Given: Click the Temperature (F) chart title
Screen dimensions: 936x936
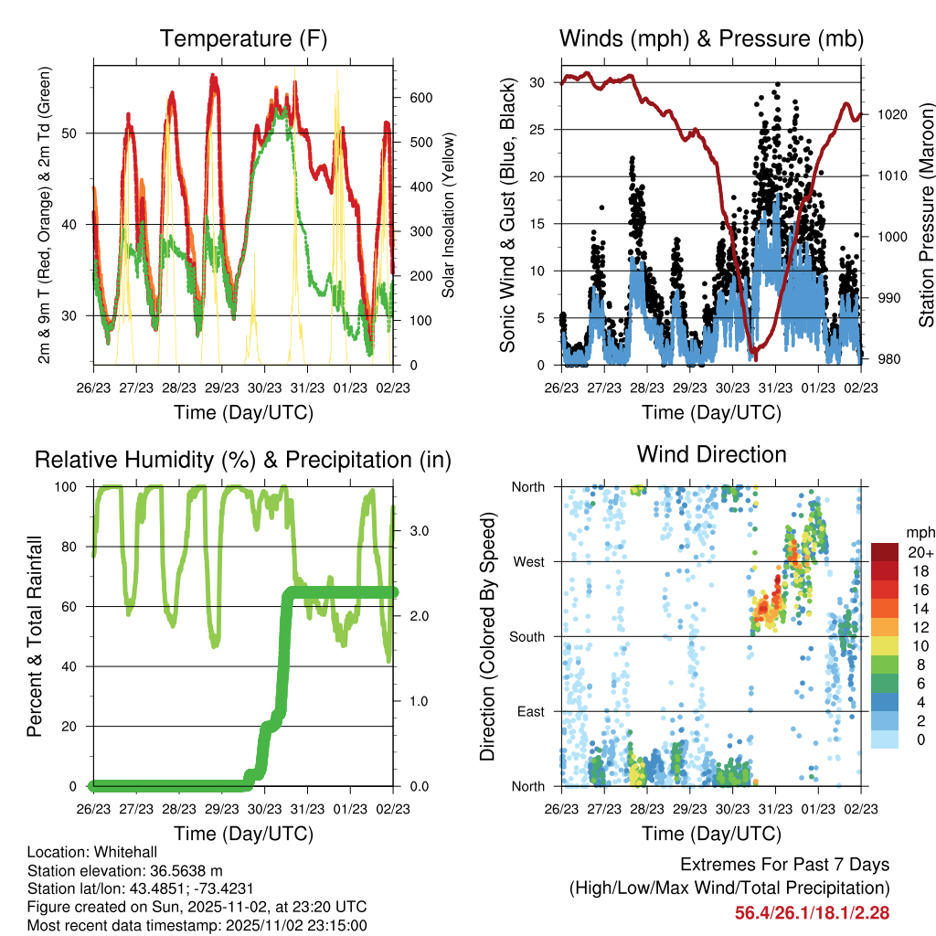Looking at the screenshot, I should click(243, 39).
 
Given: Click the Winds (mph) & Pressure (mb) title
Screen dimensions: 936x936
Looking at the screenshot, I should click(711, 39).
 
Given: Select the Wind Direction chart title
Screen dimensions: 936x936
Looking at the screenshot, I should click(711, 454).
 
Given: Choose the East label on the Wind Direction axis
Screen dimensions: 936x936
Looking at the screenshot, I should click(530, 711).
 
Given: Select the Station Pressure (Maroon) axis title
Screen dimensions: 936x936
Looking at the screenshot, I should click(926, 215).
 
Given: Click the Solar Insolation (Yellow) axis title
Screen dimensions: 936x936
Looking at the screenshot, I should click(449, 215).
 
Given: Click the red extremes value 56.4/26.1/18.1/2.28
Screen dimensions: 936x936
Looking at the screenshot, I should click(812, 912).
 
